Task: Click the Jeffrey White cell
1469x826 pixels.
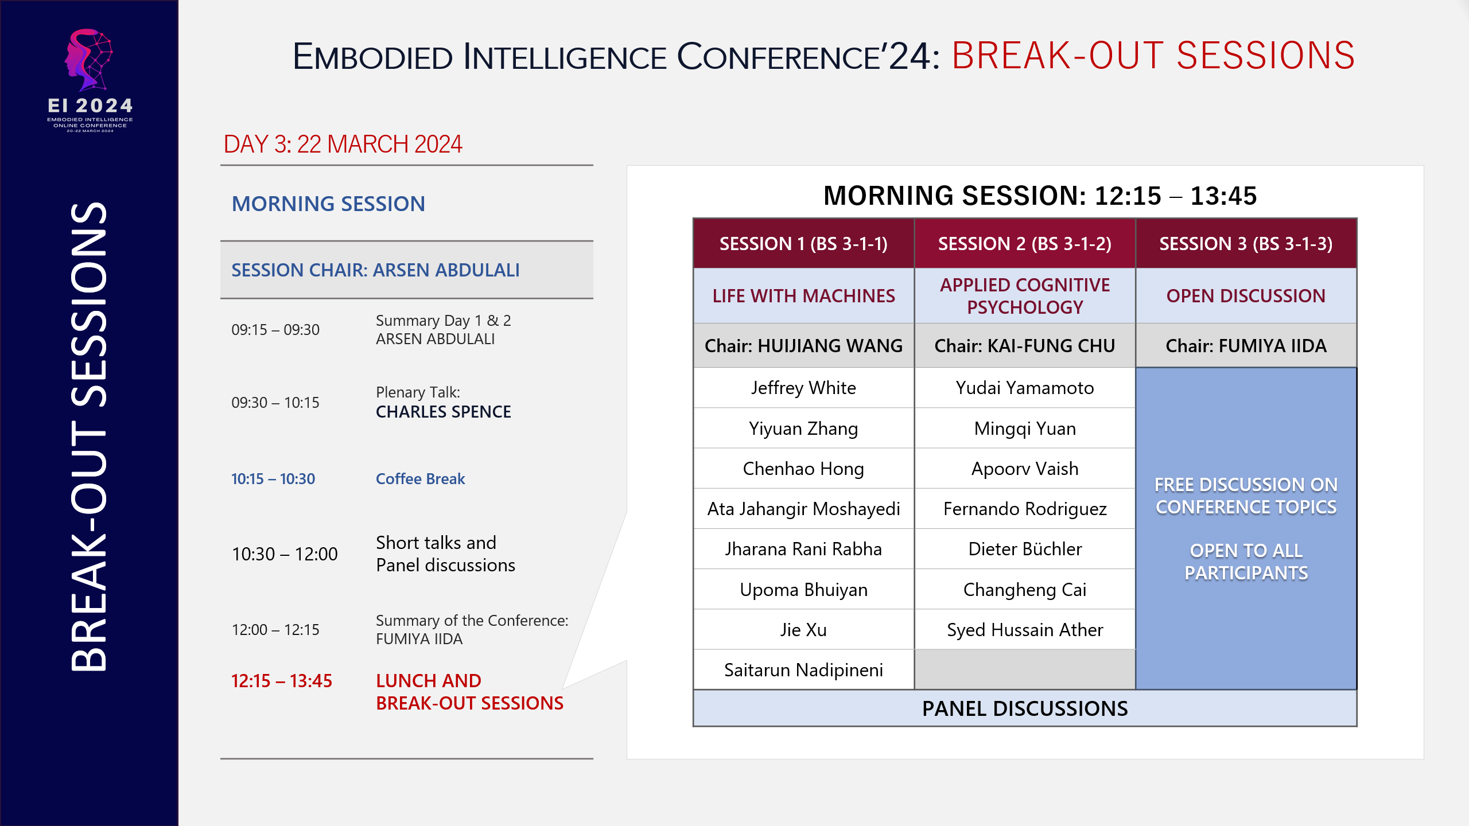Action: pos(803,388)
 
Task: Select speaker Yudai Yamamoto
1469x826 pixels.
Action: pos(1024,388)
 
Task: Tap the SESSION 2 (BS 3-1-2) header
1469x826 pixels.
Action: pos(1024,244)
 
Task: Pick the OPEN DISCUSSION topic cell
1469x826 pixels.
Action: pos(1246,296)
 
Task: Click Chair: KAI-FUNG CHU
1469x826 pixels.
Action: pos(1024,346)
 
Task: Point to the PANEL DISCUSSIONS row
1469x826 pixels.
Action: pos(1024,709)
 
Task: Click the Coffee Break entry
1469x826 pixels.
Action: pos(420,479)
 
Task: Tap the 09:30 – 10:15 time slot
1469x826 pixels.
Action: pos(275,403)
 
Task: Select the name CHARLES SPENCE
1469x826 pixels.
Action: pos(443,412)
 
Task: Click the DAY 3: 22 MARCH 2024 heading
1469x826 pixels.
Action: pos(343,145)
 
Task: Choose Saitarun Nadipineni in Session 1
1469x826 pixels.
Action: pos(803,670)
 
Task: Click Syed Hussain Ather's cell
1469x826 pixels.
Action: pos(1024,630)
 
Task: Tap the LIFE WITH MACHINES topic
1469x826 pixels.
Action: pos(803,296)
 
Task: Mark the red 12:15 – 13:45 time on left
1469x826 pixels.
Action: pos(281,681)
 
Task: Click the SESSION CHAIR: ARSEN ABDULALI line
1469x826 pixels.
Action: pos(375,270)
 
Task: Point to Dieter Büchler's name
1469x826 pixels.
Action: pos(1024,549)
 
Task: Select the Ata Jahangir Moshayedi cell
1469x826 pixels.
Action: pos(803,509)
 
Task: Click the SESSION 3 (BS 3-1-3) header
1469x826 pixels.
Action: pos(1246,244)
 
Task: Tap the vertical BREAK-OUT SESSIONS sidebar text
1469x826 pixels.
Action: pos(89,436)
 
